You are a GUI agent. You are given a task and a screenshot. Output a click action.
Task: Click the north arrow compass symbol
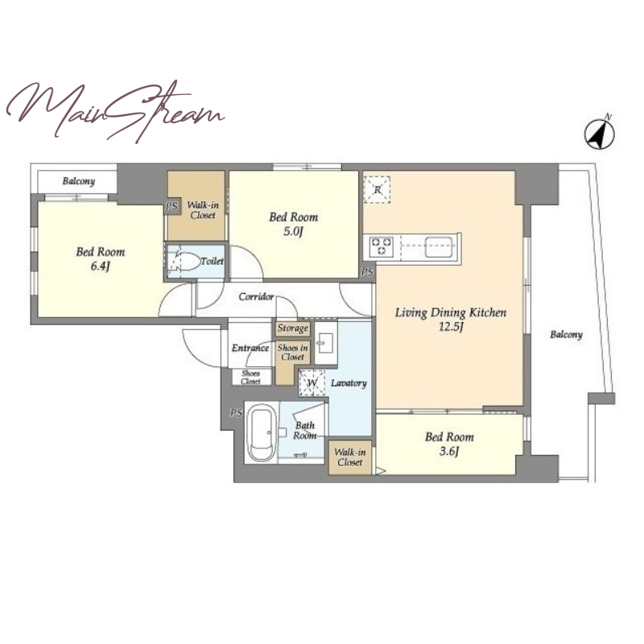[599, 133]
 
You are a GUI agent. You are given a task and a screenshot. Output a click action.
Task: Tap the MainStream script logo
[115, 111]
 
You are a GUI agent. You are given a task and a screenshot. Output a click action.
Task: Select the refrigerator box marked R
[377, 190]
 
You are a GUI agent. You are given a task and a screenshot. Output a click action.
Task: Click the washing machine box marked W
[312, 383]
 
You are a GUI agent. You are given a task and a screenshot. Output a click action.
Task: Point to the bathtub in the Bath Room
[262, 432]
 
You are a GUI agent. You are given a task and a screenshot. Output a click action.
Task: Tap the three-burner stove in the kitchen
[381, 246]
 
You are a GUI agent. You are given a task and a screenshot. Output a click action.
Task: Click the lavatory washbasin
[326, 342]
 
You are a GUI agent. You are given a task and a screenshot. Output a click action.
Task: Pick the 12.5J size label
[451, 328]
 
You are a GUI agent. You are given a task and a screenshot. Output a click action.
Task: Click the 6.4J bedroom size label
[100, 266]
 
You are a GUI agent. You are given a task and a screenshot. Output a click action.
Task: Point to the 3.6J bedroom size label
[449, 452]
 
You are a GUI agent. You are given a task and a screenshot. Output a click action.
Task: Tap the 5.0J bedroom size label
[293, 232]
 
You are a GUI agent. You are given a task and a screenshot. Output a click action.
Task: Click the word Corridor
[256, 296]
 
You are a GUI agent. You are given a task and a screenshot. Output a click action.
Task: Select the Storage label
[292, 328]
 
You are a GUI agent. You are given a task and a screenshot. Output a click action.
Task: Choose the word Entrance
[250, 348]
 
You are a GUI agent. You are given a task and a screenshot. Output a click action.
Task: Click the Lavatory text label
[349, 383]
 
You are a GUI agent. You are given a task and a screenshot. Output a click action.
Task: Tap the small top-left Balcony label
[78, 181]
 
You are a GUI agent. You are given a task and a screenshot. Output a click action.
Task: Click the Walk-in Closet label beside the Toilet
[203, 209]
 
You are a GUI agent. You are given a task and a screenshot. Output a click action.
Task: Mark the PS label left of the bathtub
[236, 413]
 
